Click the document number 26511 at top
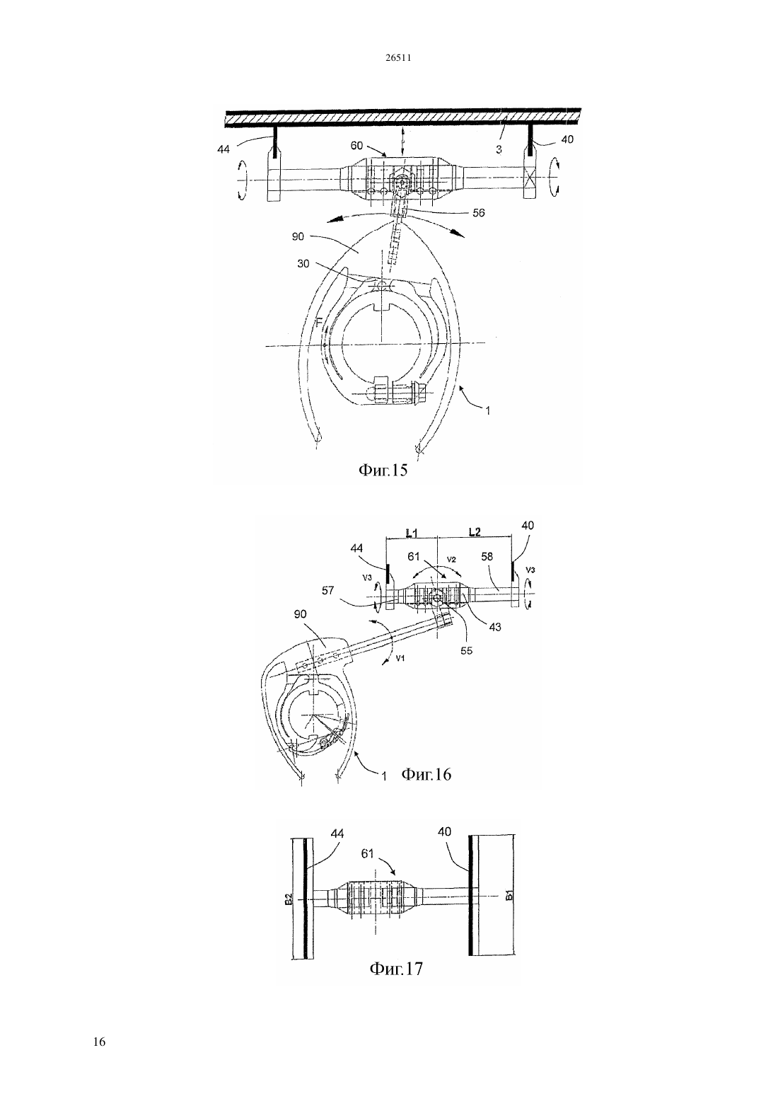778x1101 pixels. point(397,58)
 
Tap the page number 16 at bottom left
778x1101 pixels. point(99,1042)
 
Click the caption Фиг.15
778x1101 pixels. point(383,471)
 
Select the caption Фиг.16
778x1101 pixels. point(426,774)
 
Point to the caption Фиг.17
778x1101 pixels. point(396,968)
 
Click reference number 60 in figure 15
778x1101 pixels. point(356,146)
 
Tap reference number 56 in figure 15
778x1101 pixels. point(478,212)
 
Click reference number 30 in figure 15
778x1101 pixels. point(303,263)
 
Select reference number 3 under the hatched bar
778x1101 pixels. point(499,149)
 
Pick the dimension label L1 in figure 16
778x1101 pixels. point(412,531)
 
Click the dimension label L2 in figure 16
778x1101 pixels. point(475,531)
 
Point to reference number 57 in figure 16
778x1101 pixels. point(328,590)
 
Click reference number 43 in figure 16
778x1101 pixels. point(494,627)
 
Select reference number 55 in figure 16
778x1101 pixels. point(466,650)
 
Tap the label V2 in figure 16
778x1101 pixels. point(452,560)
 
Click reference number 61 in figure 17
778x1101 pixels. point(368,854)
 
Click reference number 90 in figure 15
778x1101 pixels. point(298,236)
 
